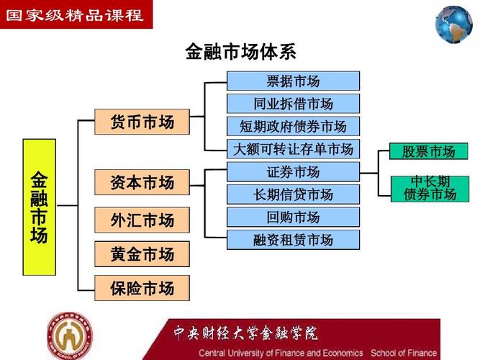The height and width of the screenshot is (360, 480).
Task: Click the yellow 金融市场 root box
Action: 39,207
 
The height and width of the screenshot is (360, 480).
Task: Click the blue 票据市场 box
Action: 293,81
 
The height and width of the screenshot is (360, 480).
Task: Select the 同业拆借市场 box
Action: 293,104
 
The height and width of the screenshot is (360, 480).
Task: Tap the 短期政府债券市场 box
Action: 293,127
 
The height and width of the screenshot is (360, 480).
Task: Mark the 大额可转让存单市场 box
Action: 293,149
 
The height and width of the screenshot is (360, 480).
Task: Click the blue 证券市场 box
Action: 293,172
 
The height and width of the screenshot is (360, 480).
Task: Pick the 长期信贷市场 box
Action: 293,194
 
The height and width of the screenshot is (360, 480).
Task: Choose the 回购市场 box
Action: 293,217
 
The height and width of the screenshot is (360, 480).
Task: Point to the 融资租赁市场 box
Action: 293,240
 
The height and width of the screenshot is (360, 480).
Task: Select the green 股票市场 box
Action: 428,151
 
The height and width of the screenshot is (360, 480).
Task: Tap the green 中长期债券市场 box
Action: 430,188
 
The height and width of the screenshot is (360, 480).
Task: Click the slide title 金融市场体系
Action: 240,52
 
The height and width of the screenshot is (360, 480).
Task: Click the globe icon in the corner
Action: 453,24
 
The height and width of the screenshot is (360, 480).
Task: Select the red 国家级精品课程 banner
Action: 76,14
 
